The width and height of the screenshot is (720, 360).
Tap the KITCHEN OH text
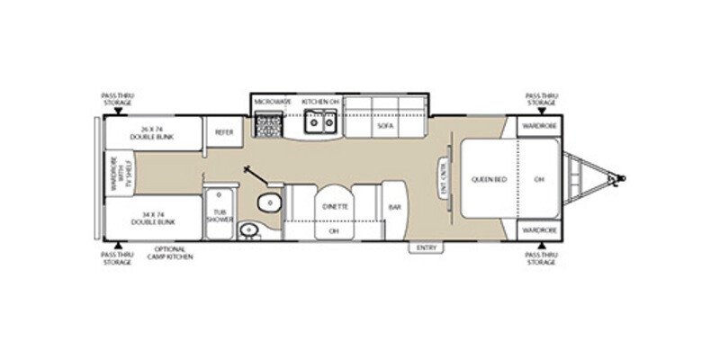click(x=319, y=103)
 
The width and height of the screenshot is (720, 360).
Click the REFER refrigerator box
click(x=223, y=131)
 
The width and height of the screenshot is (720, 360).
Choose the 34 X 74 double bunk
click(x=150, y=218)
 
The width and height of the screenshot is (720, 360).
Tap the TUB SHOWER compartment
click(x=218, y=216)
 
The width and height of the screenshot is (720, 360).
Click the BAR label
click(x=393, y=206)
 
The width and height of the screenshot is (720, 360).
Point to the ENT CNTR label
click(x=443, y=177)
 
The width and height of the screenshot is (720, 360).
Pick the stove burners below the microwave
click(x=267, y=129)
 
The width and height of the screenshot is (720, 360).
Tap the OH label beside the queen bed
click(x=539, y=178)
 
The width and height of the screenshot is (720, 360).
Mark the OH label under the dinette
click(x=334, y=231)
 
